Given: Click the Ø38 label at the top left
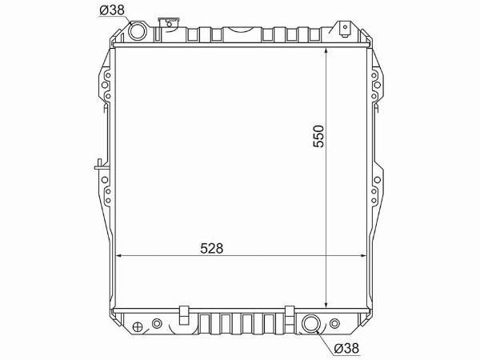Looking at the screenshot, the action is (112, 10).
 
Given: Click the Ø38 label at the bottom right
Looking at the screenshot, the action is (346, 348).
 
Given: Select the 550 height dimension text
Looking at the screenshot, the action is (318, 136).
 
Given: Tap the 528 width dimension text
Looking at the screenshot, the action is (212, 248).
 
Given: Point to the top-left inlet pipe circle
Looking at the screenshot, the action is (137, 31).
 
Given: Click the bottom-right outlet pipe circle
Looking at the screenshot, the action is (311, 324).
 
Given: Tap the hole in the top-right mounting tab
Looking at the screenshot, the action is (345, 27).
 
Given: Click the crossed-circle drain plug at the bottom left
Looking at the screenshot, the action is (138, 326).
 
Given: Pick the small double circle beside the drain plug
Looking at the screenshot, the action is (157, 323).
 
